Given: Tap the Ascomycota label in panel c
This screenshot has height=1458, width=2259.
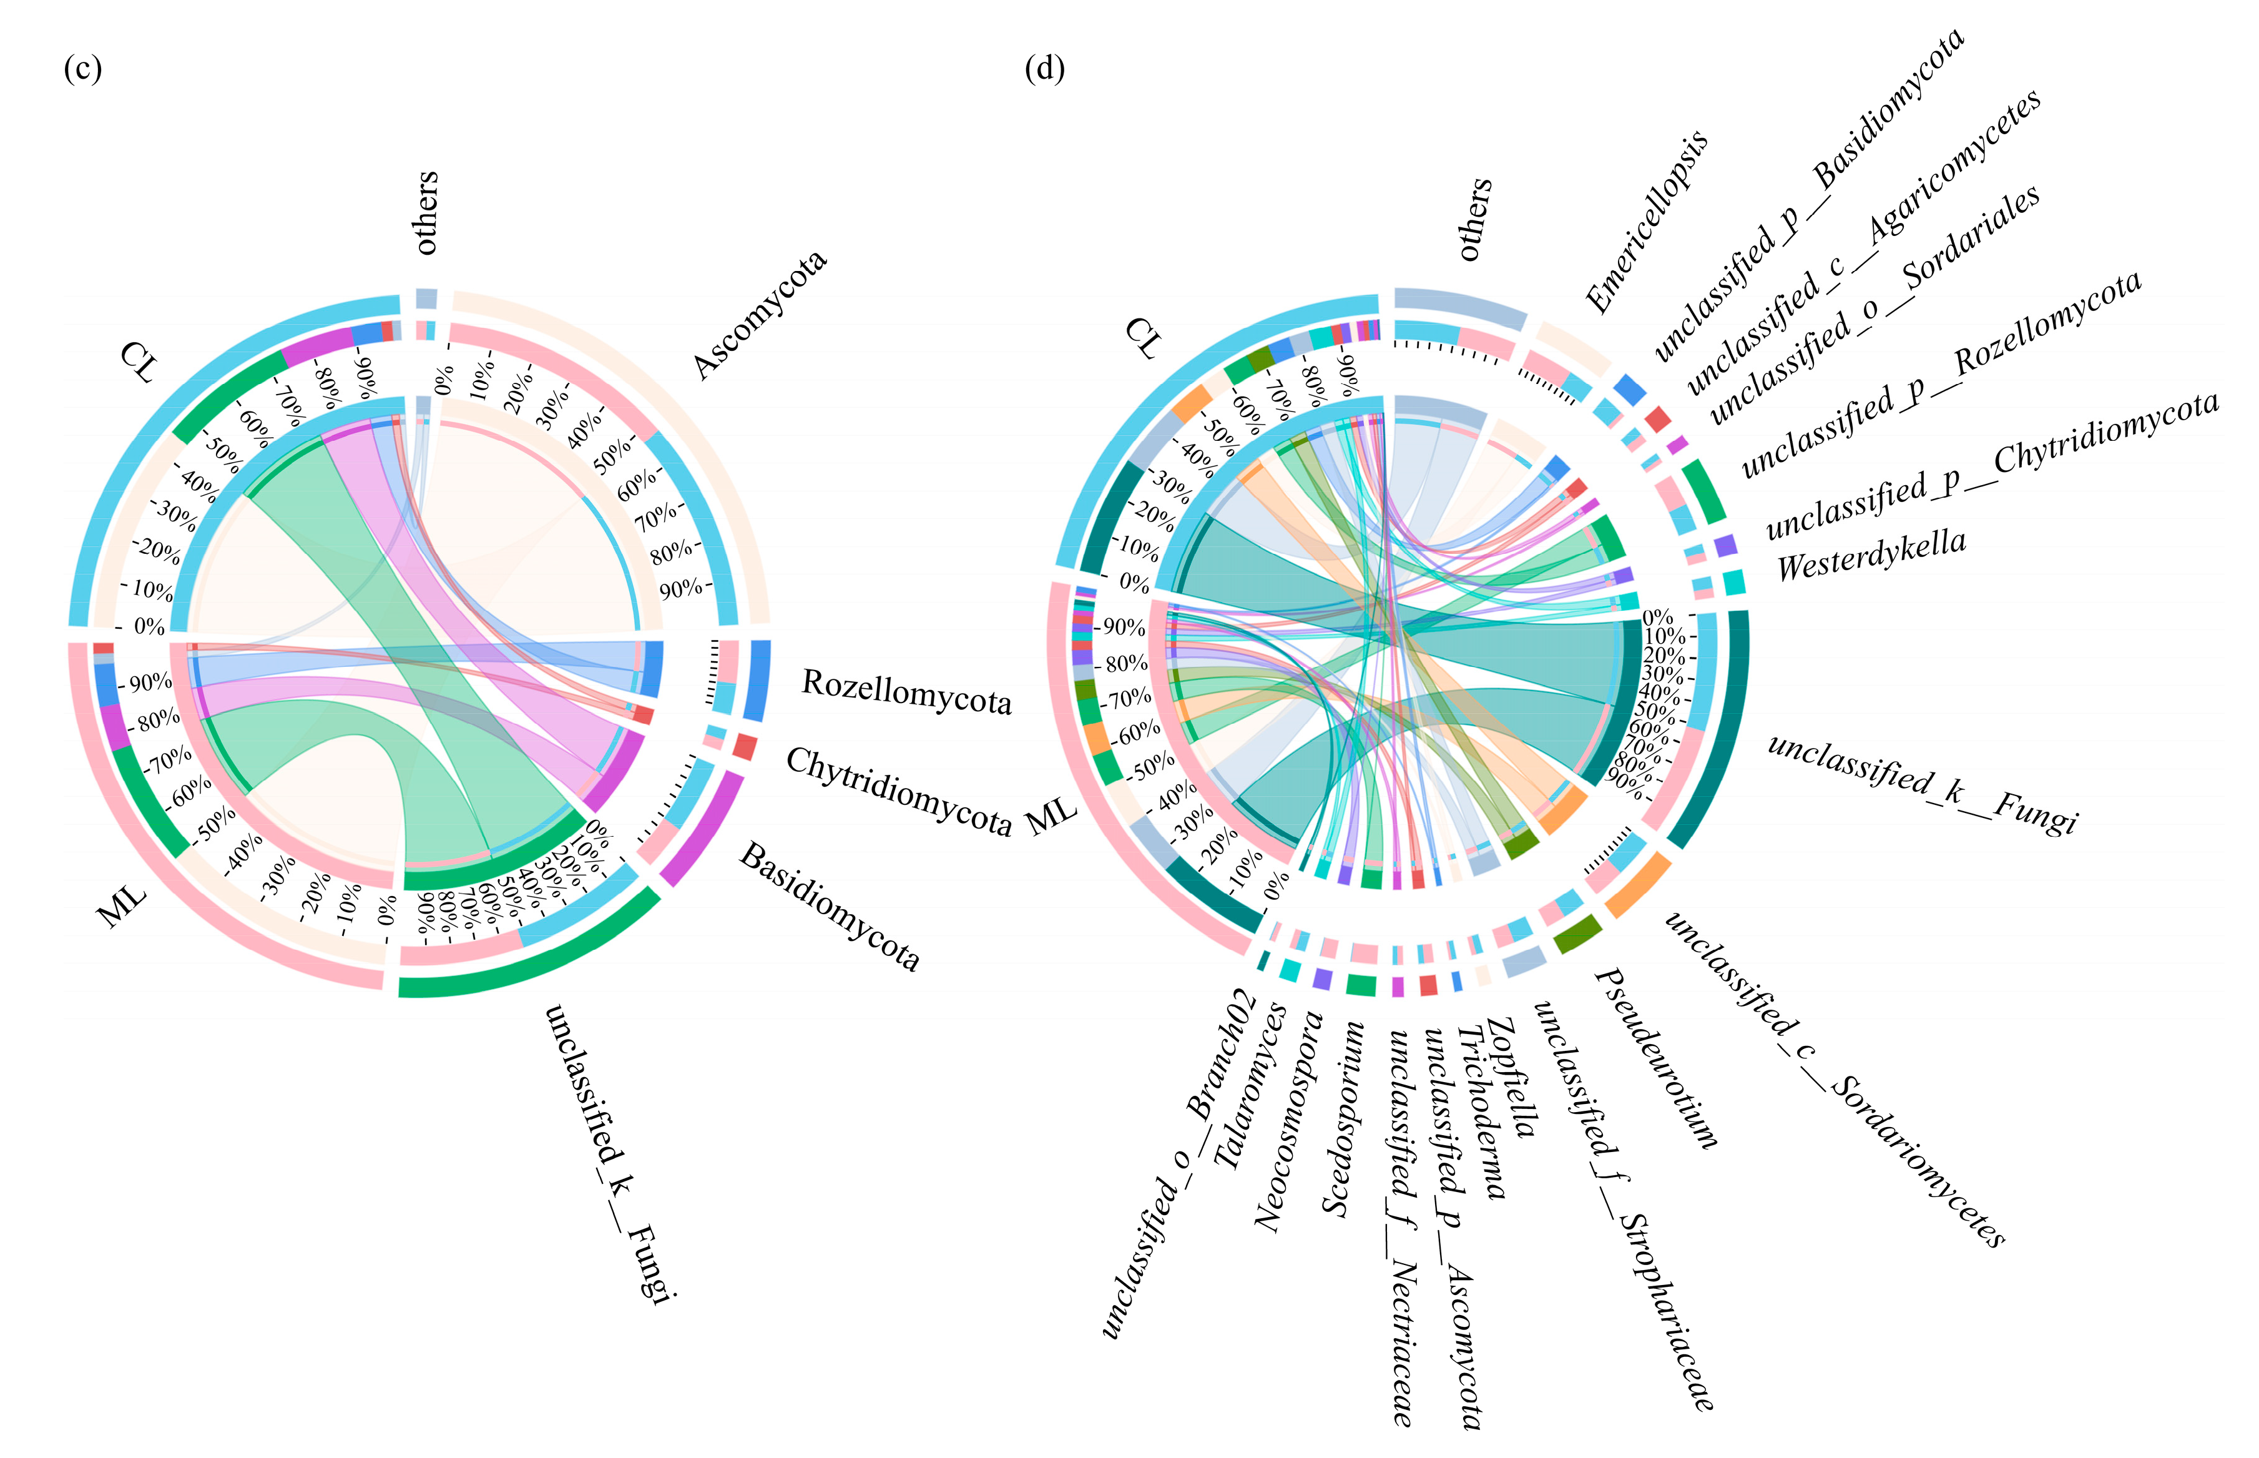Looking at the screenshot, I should (x=759, y=313).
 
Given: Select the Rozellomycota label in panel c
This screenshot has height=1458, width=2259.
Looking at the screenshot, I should (x=906, y=692).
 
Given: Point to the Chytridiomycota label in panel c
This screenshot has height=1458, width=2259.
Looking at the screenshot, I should (x=898, y=791).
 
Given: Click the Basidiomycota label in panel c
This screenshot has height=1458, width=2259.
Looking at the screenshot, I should (x=829, y=905).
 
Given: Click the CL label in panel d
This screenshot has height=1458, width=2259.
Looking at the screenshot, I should (x=1142, y=338).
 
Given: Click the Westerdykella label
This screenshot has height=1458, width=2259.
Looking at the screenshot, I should (x=1871, y=555).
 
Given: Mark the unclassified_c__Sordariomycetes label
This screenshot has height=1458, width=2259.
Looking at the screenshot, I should (x=1834, y=1080).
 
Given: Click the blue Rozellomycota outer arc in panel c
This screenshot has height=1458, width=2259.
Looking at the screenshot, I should (x=757, y=680).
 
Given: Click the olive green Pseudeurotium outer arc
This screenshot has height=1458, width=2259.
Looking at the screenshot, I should (x=1577, y=935).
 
